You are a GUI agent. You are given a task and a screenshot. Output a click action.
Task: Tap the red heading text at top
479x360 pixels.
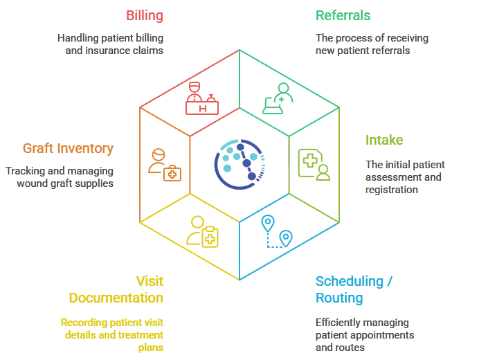149,14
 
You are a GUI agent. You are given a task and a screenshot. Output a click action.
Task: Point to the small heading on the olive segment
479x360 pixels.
391,144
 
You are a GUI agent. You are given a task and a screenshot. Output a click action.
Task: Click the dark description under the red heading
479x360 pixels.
111,46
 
